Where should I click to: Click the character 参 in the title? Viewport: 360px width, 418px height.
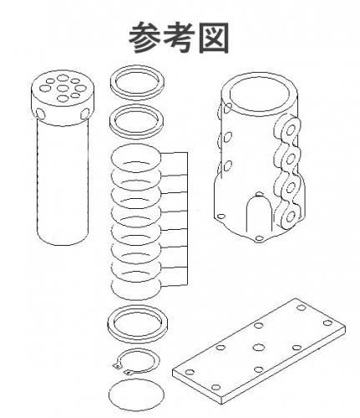point(145,38)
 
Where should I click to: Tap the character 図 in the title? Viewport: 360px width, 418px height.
point(214,38)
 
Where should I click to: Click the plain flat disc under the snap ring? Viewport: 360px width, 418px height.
point(136,395)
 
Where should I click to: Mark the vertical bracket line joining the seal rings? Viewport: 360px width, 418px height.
point(187,219)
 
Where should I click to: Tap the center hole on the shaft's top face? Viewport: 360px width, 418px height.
point(63,89)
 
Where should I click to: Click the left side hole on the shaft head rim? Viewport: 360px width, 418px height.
point(40,113)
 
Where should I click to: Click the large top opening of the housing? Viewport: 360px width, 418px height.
point(259,94)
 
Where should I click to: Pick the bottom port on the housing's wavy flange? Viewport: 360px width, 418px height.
point(290,217)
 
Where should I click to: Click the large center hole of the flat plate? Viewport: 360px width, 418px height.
point(259,348)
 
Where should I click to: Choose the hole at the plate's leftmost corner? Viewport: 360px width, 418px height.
point(190,372)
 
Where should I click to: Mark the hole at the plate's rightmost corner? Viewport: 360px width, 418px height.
point(328,323)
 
